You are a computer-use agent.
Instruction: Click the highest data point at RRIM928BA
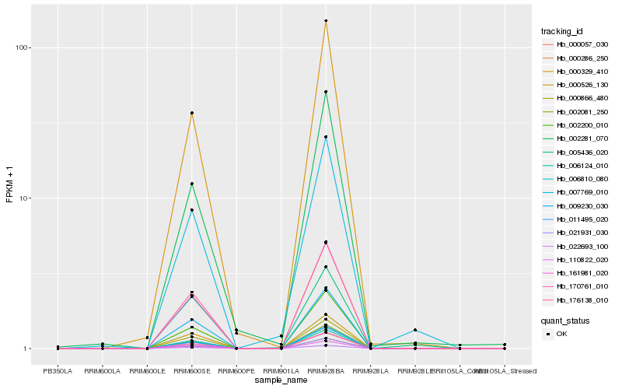coord(326,21)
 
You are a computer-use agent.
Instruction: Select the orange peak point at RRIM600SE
coord(191,114)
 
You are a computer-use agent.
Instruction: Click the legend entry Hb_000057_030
coord(576,45)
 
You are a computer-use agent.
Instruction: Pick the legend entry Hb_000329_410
coord(576,72)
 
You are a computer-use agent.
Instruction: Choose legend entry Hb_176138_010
coord(576,299)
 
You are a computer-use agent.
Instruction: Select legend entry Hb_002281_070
coord(576,138)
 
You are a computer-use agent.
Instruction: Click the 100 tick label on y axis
coord(23,47)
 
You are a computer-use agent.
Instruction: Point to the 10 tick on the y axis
coord(25,198)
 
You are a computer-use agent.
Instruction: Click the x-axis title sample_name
coord(281,380)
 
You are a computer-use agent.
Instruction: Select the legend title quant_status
coord(565,319)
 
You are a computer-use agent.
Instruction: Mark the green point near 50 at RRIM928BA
coord(326,92)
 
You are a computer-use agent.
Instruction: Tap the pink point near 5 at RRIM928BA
coord(326,243)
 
